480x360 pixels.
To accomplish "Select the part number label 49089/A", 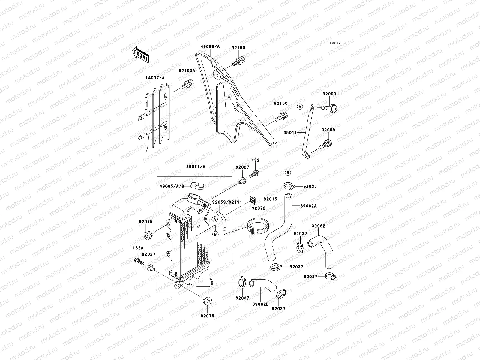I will click(210, 46).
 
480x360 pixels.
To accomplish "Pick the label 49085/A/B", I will click(172, 186).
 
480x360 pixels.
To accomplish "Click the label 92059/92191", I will click(227, 202).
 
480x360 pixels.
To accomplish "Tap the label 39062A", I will click(309, 206).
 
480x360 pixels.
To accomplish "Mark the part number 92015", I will click(270, 199).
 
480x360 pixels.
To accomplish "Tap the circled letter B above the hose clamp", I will click(287, 172).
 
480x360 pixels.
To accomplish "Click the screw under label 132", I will click(254, 173).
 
